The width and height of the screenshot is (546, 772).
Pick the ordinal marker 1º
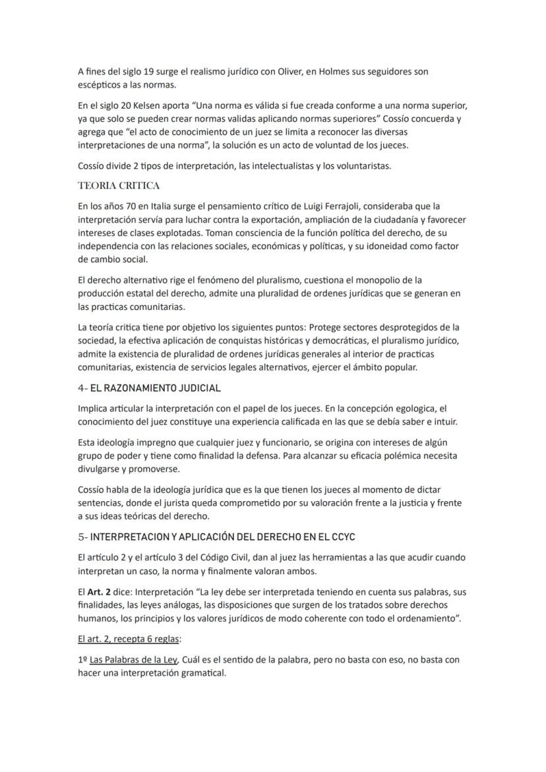click(x=82, y=660)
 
